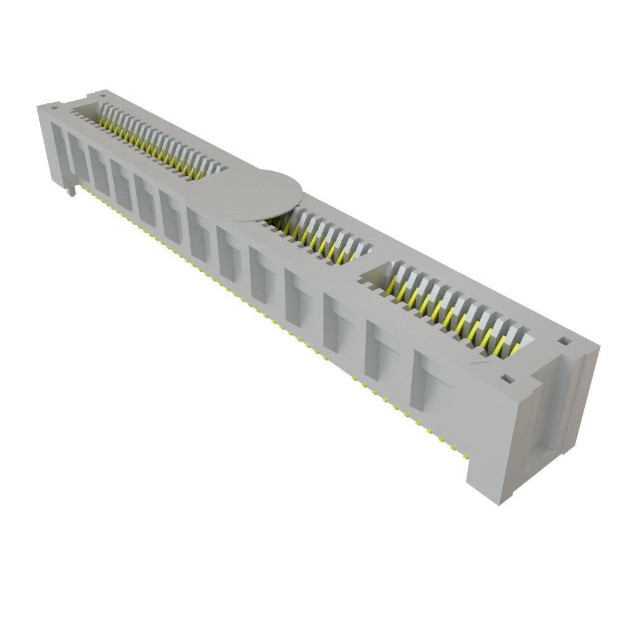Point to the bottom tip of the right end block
click(501, 504)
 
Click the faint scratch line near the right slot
click(478, 361)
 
